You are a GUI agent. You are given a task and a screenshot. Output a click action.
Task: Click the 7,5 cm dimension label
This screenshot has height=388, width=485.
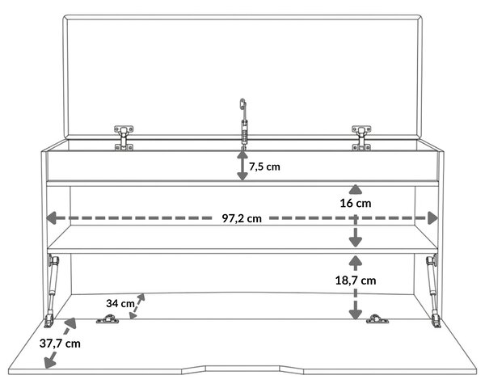click(264, 167)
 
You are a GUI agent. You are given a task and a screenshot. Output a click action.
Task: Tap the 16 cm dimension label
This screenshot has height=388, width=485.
click(356, 203)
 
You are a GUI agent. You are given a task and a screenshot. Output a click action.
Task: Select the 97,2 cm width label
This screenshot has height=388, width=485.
click(242, 218)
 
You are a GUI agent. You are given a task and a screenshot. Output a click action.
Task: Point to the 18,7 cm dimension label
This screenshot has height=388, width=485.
click(356, 280)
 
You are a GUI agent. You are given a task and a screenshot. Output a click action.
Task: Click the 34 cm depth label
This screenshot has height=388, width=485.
click(120, 303)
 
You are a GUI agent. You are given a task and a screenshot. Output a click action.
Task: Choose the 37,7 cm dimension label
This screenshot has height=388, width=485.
click(60, 344)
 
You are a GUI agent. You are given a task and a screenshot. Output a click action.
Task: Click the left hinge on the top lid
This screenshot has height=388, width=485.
click(124, 138)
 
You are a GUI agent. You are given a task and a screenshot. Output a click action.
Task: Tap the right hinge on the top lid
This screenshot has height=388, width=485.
click(361, 138)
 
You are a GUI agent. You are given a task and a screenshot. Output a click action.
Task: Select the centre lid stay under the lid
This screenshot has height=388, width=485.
click(244, 124)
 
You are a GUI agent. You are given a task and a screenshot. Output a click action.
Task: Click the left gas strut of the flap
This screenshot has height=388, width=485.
click(52, 291)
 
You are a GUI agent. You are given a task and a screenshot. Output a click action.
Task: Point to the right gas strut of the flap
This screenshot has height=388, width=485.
click(433, 291)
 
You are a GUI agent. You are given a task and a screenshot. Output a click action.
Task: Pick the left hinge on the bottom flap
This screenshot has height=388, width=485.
click(108, 319)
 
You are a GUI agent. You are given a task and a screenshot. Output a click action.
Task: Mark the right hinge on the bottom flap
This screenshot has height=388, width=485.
click(377, 319)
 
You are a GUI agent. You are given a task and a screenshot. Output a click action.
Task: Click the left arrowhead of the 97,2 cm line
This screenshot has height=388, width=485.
click(52, 217)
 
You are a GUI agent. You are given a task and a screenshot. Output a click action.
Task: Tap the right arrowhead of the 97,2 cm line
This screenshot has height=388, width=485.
click(432, 217)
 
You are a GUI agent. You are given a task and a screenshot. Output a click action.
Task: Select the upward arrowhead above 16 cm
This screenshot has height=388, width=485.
click(356, 189)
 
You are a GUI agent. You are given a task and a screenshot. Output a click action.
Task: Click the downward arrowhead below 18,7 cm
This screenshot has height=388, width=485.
click(356, 314)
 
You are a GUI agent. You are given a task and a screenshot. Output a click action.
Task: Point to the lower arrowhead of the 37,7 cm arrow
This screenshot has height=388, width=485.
click(50, 362)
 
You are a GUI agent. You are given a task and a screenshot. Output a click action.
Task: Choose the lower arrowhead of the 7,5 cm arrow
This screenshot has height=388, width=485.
click(242, 176)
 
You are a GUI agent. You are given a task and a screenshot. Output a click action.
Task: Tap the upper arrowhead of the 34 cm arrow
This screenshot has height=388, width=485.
click(141, 297)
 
